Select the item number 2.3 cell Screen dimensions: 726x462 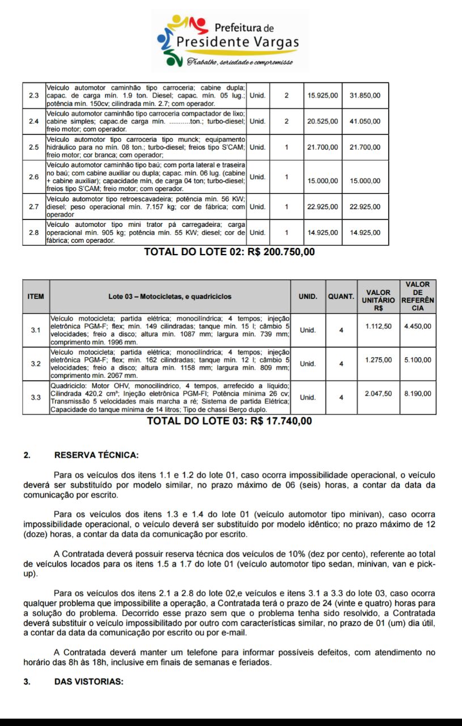point(33,95)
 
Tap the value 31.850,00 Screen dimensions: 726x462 point(365,95)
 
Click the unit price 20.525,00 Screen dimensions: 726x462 point(323,121)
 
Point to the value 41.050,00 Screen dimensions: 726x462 point(365,121)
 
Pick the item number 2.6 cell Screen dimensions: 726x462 point(33,177)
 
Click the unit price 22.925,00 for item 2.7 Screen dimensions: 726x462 point(323,207)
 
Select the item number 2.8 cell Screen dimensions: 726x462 point(33,233)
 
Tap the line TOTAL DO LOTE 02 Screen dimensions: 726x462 point(230,252)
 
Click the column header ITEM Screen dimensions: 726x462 point(36,296)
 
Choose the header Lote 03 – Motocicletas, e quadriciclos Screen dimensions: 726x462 point(170,296)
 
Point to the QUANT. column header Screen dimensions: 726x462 point(341,296)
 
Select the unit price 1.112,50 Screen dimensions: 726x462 point(378,326)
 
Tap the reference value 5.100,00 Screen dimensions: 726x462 point(418,360)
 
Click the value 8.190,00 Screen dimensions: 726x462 point(418,393)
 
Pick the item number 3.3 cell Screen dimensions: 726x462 point(36,397)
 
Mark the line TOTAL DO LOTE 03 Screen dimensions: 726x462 point(230,421)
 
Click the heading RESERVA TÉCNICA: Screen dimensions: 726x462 point(96,455)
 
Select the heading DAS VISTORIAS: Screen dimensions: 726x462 point(88,681)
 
